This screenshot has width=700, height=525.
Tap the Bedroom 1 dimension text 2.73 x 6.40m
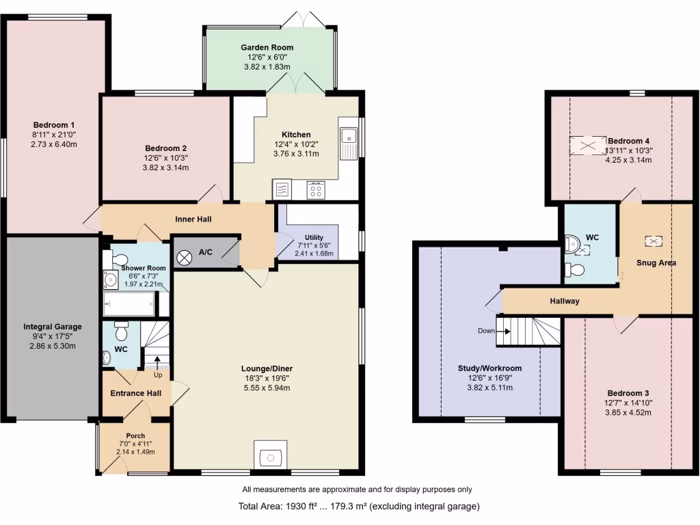pos(54,144)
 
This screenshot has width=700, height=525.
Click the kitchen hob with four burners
pos(316,189)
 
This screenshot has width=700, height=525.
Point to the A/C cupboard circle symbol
pos(185,257)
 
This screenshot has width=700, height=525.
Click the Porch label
pos(135,435)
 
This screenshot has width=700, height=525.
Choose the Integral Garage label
pos(52,327)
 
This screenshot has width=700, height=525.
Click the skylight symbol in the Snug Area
pos(654,241)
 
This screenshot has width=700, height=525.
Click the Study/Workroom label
pos(489,368)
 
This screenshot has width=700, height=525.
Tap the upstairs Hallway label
pos(565,301)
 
